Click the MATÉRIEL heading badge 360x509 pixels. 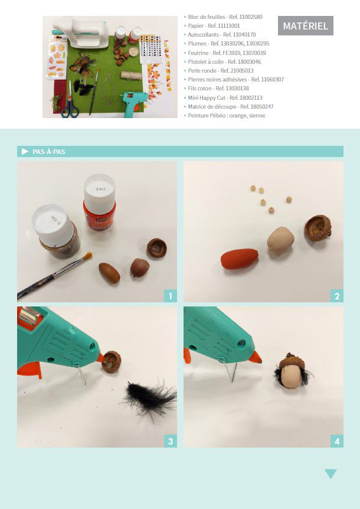pyautogui.click(x=306, y=25)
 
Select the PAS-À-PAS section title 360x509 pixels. pyautogui.click(x=48, y=152)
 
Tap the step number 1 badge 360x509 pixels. pyautogui.click(x=171, y=296)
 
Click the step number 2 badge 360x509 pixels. pyautogui.click(x=337, y=296)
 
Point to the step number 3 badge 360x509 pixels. pyautogui.click(x=171, y=441)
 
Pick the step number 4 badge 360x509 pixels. pyautogui.click(x=337, y=441)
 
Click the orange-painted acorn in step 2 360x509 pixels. pyautogui.click(x=240, y=259)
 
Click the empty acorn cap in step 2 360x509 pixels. pyautogui.click(x=318, y=228)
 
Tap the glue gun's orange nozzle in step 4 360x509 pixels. pyautogui.click(x=256, y=358)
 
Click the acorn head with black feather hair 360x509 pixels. pyautogui.click(x=291, y=370)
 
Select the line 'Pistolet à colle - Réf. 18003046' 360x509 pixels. pyautogui.click(x=224, y=61)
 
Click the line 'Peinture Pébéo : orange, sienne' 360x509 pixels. pyautogui.click(x=227, y=116)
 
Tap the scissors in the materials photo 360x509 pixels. pyautogui.click(x=70, y=100)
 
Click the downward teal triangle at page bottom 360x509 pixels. pyautogui.click(x=330, y=474)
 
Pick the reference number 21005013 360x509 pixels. pyautogui.click(x=242, y=70)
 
